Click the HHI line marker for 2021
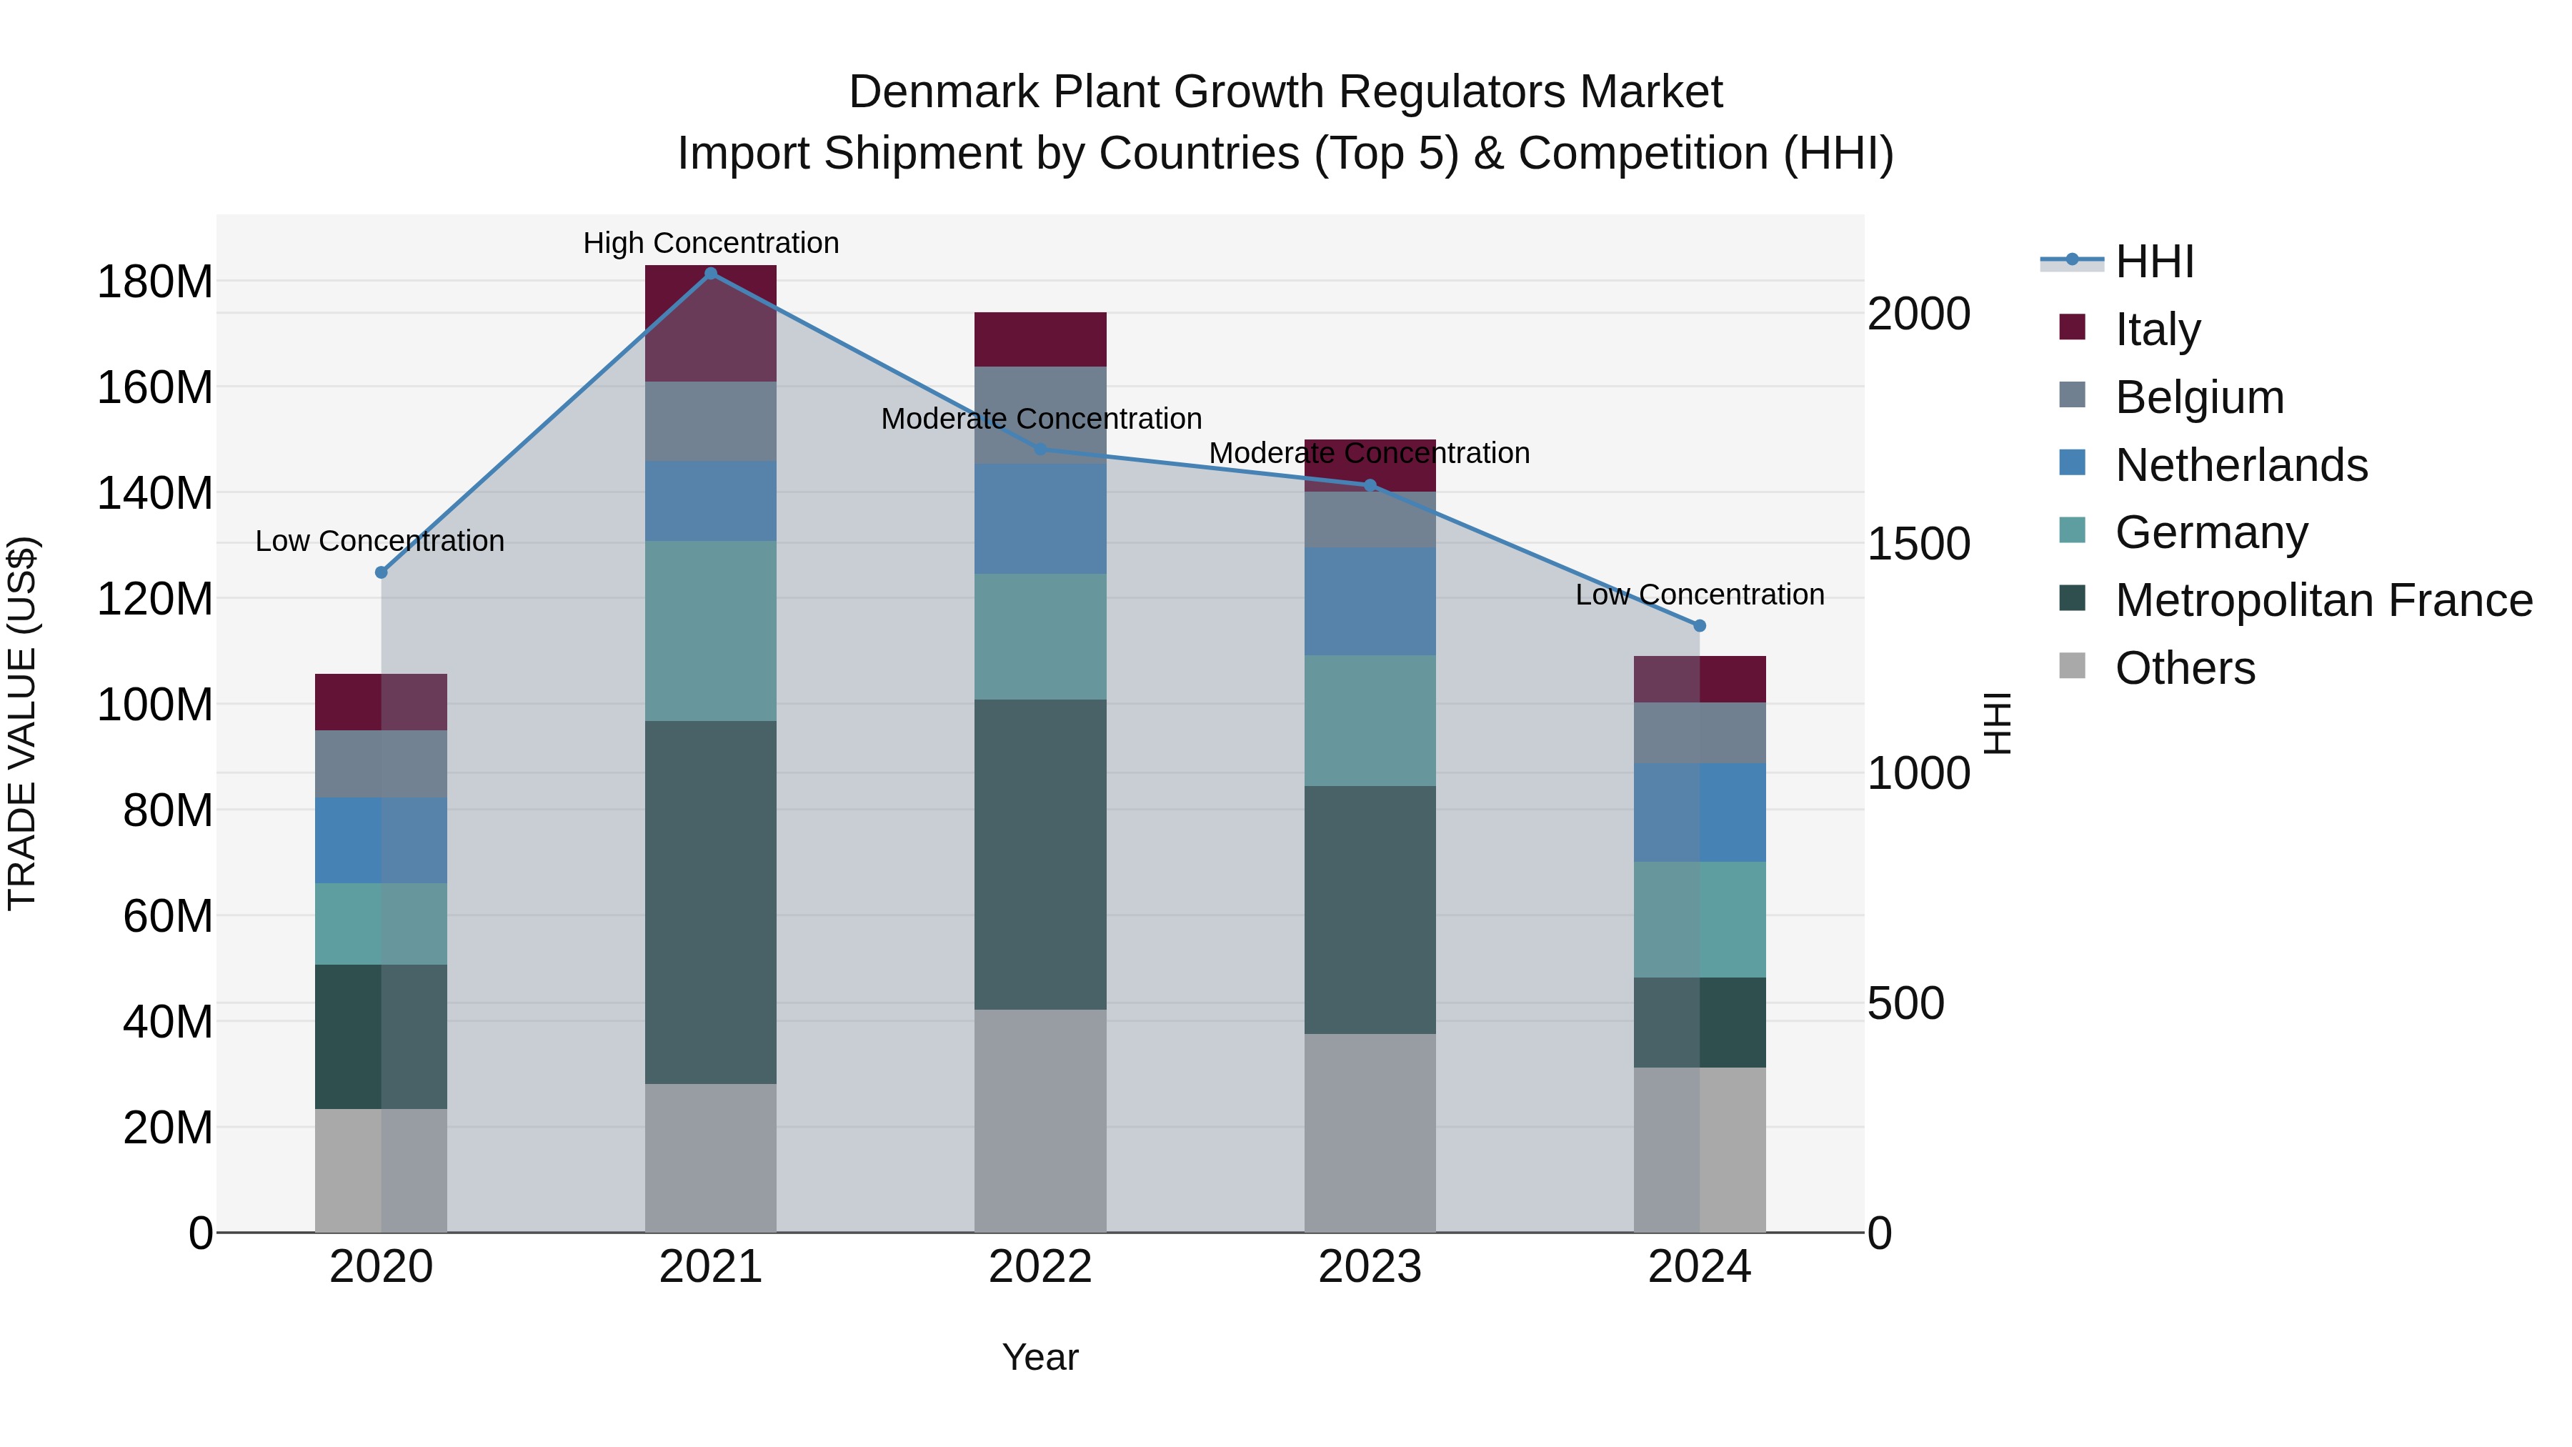(710, 274)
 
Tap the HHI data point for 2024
(1700, 625)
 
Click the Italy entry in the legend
(2157, 329)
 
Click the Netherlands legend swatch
(2072, 463)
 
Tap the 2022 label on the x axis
(1040, 1267)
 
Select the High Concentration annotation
(710, 243)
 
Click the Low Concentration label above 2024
(1700, 595)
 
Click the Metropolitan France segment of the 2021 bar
(710, 902)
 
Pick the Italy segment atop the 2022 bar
(1040, 339)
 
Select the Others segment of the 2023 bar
(1369, 1133)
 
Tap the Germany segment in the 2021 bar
(710, 630)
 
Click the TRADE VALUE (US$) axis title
(22, 723)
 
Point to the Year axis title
(1040, 1357)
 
